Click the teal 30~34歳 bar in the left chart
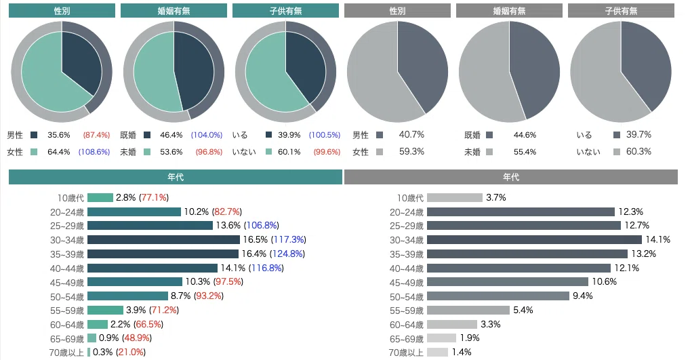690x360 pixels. [164, 240]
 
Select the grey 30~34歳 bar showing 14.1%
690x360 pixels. [534, 240]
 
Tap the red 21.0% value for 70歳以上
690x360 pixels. [131, 352]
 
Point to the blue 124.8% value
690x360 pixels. [287, 254]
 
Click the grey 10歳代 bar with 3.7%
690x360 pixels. [455, 197]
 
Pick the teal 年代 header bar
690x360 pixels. [176, 177]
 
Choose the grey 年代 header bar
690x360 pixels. [511, 177]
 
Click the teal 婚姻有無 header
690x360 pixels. [174, 11]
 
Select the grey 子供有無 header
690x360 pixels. [621, 11]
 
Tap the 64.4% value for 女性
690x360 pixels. [58, 152]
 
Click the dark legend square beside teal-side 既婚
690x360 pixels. [147, 135]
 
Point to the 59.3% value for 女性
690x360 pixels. [411, 151]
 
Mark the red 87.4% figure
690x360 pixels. [96, 135]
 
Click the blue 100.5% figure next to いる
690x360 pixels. [325, 135]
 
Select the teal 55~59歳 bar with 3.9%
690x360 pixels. [105, 311]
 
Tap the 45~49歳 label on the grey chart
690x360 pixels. [406, 283]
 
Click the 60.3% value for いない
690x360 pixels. [638, 151]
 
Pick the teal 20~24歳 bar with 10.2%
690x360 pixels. [134, 212]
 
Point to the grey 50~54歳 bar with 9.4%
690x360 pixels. [498, 296]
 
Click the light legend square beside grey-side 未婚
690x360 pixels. [489, 152]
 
